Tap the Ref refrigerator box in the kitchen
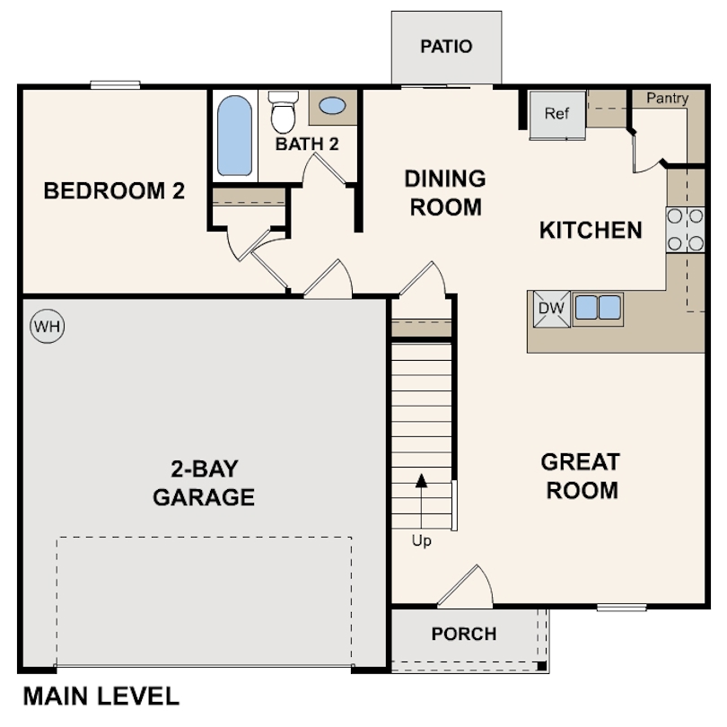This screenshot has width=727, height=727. [556, 115]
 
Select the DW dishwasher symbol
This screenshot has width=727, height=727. [551, 308]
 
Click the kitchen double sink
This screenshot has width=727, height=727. [598, 308]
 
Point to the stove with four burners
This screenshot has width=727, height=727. [685, 229]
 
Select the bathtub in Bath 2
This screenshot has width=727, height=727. [234, 136]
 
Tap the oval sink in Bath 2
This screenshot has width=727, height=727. [332, 106]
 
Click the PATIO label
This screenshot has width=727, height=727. [446, 47]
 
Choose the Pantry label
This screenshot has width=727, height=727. [667, 98]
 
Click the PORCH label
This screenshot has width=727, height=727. [463, 634]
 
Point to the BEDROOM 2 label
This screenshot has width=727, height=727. [114, 191]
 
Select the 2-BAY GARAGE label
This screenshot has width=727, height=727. [204, 483]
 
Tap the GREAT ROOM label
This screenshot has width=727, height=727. [581, 477]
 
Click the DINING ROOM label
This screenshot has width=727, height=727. [445, 193]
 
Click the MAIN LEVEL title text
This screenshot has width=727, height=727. [101, 696]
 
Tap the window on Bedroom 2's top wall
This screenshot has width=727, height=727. [115, 85]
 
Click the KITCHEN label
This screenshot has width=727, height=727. [591, 231]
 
